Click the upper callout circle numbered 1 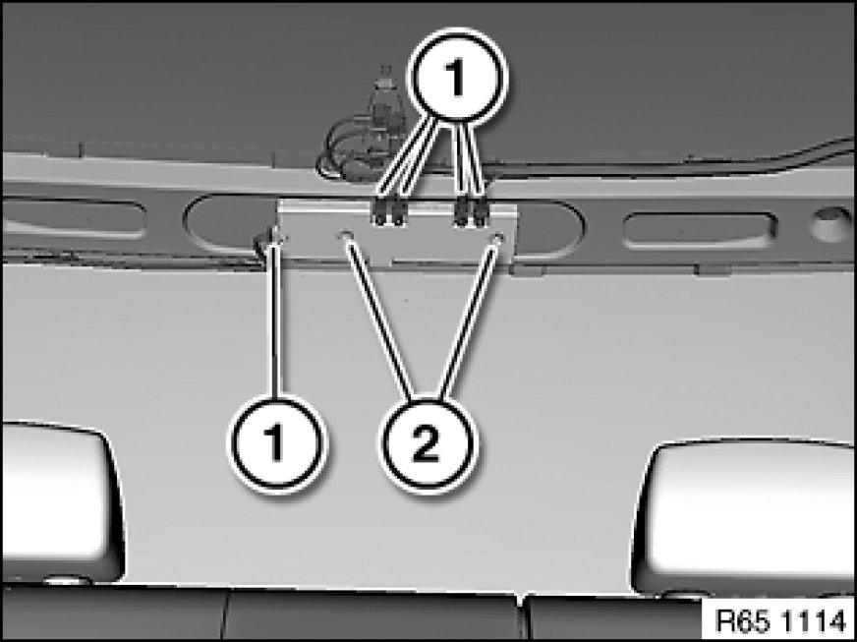pos(457,75)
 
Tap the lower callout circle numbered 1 pos(276,443)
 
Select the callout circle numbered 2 pos(428,444)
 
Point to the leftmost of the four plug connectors pos(378,212)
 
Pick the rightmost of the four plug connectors pos(480,213)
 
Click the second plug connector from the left pos(397,212)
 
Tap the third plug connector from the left pos(462,213)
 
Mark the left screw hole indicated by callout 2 pos(345,235)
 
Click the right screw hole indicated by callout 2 pos(497,237)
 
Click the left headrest pos(61,498)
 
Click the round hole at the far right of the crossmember pos(830,224)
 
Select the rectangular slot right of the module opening pos(701,230)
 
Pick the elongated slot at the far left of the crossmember pos(74,218)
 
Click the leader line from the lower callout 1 pos(274,320)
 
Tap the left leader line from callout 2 pos(380,320)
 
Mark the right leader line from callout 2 pos(469,320)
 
